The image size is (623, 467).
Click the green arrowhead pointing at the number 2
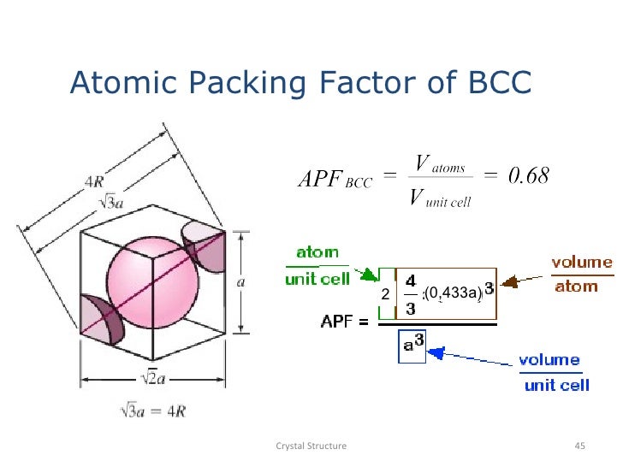pos(370,275)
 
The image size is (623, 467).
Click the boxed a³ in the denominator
pos(412,344)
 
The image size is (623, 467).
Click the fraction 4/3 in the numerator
pos(411,293)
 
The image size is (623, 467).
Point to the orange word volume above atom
pos(582,263)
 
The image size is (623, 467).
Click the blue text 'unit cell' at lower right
pos(556,385)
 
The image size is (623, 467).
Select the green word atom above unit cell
pos(317,252)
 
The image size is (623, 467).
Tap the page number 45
pos(578,446)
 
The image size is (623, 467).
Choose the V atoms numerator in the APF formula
pos(439,163)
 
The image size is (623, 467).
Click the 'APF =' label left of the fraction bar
pos(345,322)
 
